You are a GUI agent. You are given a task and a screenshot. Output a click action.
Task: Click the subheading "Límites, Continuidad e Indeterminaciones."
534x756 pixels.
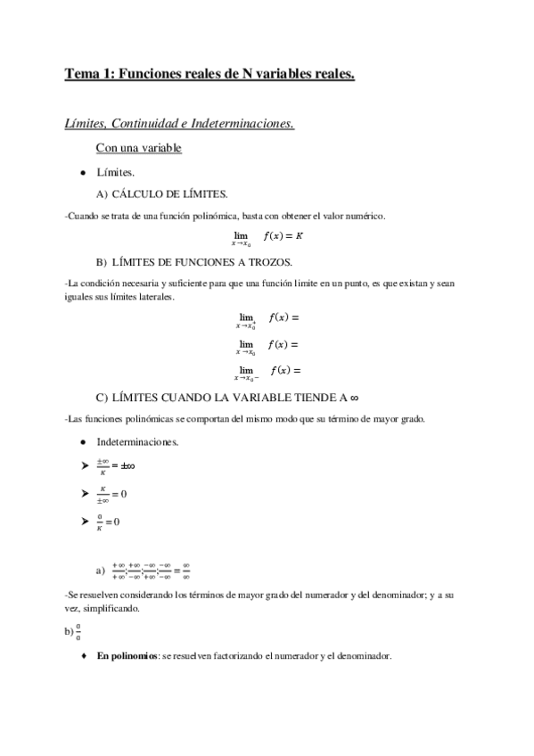[179, 123]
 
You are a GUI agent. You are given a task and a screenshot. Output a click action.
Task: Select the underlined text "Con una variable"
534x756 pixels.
[138, 148]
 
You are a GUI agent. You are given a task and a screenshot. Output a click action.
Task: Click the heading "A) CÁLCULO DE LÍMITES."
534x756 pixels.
[160, 194]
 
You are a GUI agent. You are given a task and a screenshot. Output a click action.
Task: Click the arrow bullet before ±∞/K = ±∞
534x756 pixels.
[84, 466]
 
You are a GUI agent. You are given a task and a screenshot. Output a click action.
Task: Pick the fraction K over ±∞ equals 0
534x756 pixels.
[112, 493]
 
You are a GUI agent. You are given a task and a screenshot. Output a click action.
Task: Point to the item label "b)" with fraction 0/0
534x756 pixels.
[69, 633]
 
